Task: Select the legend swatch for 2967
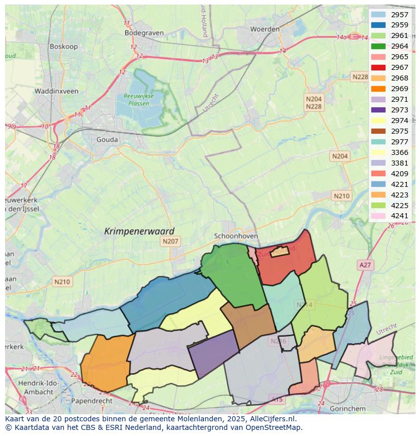pos(378,67)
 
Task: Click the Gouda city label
pos(107,140)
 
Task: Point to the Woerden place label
pos(265,29)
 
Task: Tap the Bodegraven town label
pos(144,33)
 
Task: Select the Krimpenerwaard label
pos(139,231)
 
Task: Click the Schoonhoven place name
pos(236,236)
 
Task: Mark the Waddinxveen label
pos(56,92)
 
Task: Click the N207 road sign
pos(170,242)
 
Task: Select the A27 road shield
pos(365,265)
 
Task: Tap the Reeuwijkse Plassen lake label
pos(138,99)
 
